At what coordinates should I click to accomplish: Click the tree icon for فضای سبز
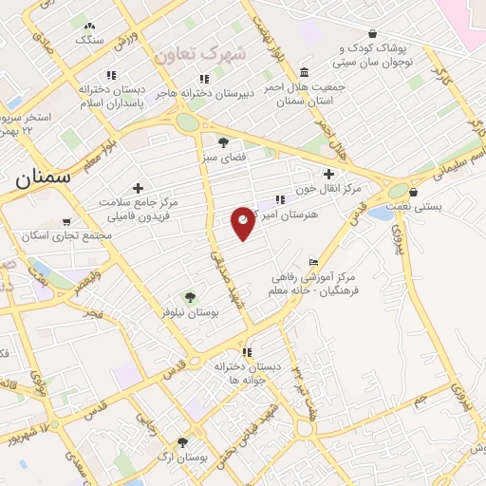pyautogui.click(x=223, y=143)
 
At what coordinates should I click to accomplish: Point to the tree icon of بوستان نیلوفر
pyautogui.click(x=190, y=297)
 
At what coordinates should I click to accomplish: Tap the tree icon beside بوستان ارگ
pyautogui.click(x=182, y=442)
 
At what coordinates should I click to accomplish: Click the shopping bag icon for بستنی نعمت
pyautogui.click(x=413, y=192)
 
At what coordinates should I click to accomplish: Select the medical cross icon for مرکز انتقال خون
pyautogui.click(x=328, y=174)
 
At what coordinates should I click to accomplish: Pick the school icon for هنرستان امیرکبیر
pyautogui.click(x=278, y=200)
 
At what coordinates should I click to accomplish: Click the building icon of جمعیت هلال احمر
pyautogui.click(x=303, y=73)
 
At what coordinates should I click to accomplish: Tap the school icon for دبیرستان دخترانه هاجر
pyautogui.click(x=203, y=80)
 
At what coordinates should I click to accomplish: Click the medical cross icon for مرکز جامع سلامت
pyautogui.click(x=139, y=188)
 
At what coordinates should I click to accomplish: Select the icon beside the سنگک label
pyautogui.click(x=89, y=28)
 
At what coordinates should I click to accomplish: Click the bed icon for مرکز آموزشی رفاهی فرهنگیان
pyautogui.click(x=314, y=263)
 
